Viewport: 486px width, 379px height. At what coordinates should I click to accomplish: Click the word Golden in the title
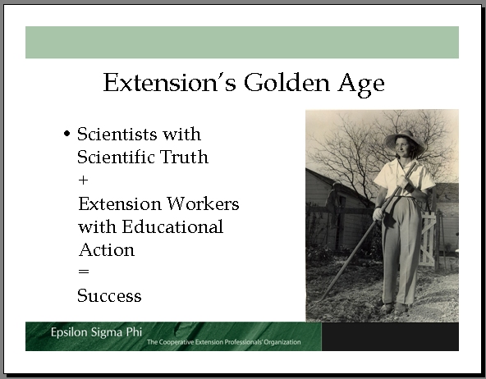287,82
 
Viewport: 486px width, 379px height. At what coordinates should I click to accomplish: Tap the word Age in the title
361,84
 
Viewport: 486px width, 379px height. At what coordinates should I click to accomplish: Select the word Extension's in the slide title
170,82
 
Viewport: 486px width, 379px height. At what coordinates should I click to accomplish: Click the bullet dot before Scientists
66,134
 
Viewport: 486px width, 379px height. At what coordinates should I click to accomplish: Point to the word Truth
184,157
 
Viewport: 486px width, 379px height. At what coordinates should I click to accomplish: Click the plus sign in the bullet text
83,180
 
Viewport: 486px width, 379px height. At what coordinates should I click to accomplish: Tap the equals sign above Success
84,272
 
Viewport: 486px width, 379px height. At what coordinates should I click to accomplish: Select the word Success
109,295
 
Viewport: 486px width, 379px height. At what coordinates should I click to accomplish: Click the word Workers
203,203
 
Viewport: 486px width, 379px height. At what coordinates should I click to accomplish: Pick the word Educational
172,226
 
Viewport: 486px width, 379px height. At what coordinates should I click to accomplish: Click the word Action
107,249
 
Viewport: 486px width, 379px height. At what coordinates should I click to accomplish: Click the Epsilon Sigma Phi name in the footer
96,332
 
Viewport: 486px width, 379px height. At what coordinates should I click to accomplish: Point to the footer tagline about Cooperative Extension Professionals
224,342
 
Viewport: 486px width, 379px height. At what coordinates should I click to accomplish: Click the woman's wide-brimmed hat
405,141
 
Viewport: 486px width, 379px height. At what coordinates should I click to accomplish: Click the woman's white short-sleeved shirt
404,178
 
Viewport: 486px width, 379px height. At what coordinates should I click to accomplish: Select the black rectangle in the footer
390,336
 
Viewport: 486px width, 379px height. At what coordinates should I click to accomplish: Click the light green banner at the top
242,43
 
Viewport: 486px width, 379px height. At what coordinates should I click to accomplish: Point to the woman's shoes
394,308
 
